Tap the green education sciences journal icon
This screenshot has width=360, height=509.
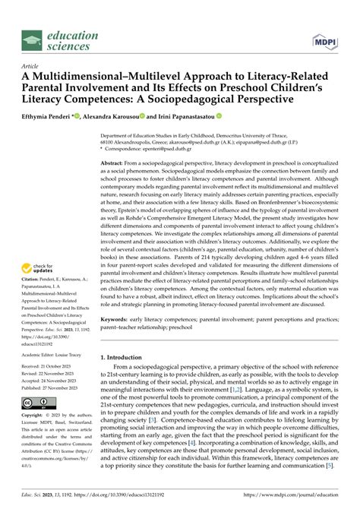(x=31, y=40)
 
